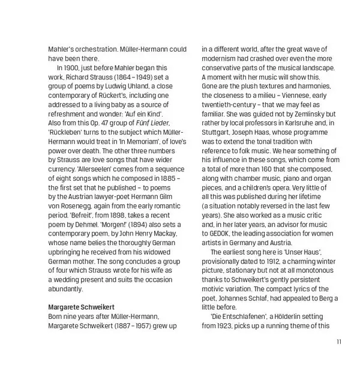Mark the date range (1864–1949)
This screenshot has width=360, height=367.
tap(139, 77)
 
